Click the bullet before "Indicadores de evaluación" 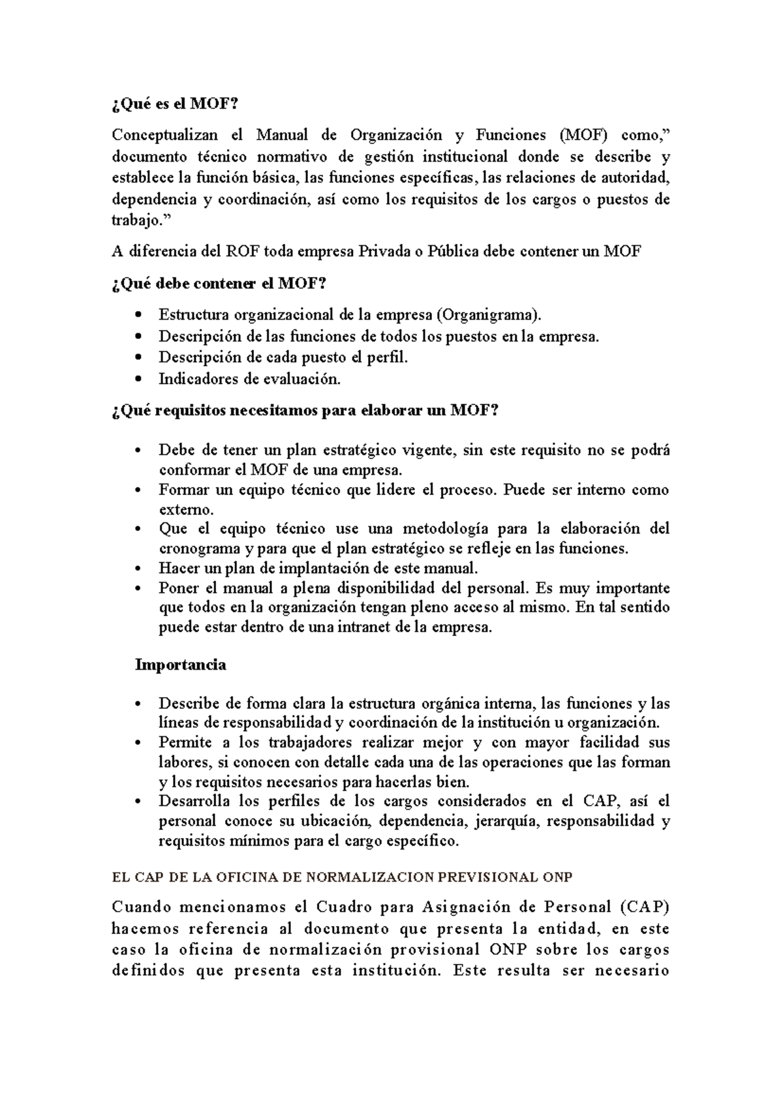(x=136, y=379)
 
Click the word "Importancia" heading (x=180, y=665)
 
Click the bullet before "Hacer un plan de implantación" (x=136, y=569)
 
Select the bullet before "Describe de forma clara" (x=136, y=704)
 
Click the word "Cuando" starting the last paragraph (x=142, y=907)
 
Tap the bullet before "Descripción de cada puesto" (x=136, y=358)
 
